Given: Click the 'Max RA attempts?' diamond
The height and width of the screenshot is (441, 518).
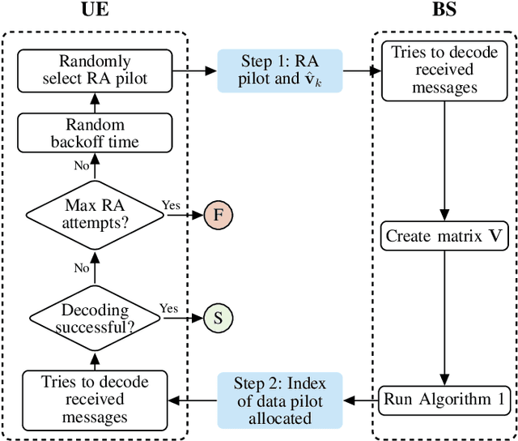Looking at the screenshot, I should (x=94, y=215).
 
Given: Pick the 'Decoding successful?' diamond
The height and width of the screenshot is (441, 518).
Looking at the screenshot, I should (x=94, y=318).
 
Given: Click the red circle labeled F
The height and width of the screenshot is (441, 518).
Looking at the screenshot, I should (x=217, y=215).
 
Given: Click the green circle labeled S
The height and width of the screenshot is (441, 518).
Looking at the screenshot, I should (x=217, y=318).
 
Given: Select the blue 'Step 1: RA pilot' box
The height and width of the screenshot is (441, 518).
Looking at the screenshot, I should (x=280, y=71).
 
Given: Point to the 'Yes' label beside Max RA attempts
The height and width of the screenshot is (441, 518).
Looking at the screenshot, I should (x=171, y=205).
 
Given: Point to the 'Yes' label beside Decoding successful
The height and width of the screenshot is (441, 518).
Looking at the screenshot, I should (x=168, y=308).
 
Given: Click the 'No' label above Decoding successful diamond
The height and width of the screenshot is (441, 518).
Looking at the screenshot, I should (x=81, y=267).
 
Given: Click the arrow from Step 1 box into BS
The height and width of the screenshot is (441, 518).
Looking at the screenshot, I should (x=361, y=71).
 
